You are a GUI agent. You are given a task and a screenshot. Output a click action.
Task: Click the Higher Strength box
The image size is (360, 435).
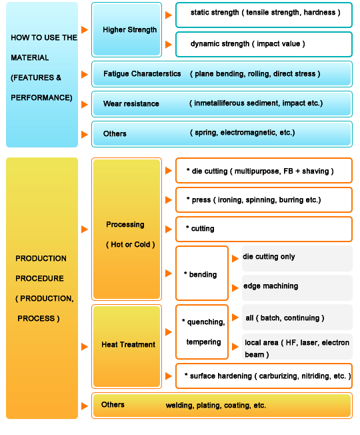tap(127, 29)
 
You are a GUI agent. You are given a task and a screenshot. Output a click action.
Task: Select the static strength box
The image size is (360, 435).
tap(264, 15)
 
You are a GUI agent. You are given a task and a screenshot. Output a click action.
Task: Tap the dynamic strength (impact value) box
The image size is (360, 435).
tap(264, 45)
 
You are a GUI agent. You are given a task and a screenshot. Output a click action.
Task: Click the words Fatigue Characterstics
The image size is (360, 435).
tap(142, 74)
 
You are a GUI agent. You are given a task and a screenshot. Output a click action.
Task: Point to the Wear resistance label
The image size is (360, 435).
tap(131, 104)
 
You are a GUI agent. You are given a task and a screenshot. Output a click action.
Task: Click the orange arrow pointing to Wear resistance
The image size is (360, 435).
tap(85, 105)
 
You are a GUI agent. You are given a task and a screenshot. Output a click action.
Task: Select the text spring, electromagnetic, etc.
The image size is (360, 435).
tap(242, 133)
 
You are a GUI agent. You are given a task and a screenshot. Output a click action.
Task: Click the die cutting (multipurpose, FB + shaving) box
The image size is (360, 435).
tap(264, 171)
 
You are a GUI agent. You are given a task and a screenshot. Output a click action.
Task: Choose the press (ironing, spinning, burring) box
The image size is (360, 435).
tap(264, 199)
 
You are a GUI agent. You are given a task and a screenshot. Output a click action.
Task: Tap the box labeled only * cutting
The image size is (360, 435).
tap(264, 229)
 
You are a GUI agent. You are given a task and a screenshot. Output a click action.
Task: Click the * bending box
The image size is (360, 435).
tap(202, 274)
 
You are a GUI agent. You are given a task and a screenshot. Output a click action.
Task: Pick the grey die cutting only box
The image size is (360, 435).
tap(297, 258)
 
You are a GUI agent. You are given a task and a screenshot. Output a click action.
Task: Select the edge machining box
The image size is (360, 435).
tap(297, 288)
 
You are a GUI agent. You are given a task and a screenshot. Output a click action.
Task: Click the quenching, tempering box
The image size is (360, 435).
tap(202, 332)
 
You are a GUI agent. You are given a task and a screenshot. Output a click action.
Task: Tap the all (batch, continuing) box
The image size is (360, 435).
tap(297, 317)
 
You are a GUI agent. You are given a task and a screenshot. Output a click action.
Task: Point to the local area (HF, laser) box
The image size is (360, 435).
tap(297, 346)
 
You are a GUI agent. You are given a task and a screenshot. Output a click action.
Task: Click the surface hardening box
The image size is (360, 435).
tap(264, 376)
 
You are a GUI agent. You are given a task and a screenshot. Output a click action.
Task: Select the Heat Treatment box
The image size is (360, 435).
tap(127, 346)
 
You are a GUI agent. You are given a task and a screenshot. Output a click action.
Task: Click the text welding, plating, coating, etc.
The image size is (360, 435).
tap(216, 406)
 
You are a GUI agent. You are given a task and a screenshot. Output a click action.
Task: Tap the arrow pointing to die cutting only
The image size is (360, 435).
tap(235, 259)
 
